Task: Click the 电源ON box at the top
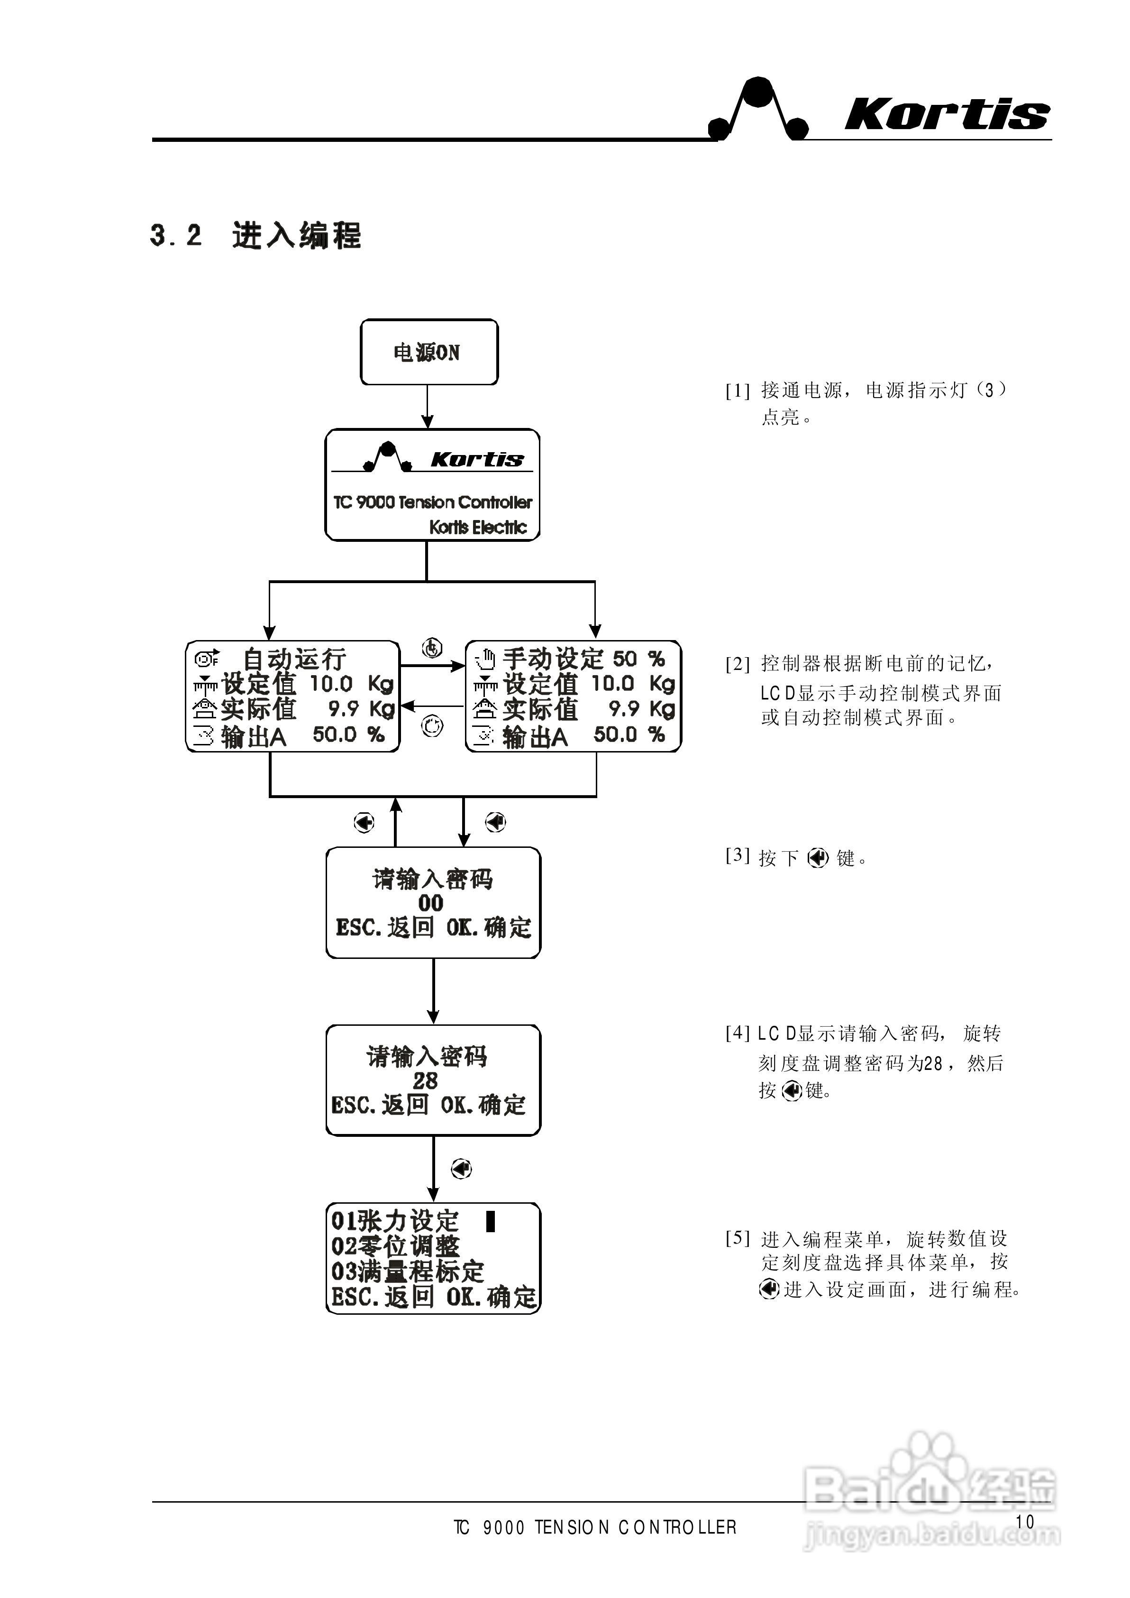(x=428, y=353)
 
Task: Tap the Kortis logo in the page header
(x=946, y=113)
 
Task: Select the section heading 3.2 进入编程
(x=255, y=236)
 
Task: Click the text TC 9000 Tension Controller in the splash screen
(x=432, y=502)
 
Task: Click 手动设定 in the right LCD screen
(x=553, y=659)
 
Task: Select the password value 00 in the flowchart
(x=431, y=903)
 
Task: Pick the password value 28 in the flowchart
(x=425, y=1081)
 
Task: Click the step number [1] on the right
(x=738, y=390)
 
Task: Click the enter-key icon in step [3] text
(x=818, y=858)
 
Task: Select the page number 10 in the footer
(x=1024, y=1522)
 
